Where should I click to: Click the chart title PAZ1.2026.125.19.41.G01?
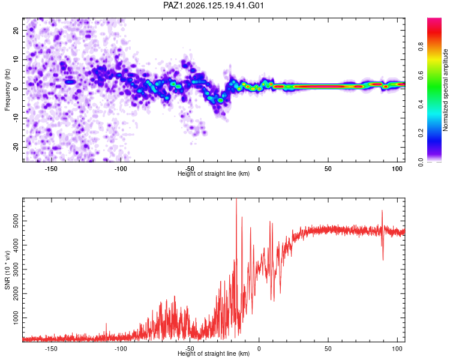(214, 5)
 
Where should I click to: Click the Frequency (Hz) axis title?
(7, 90)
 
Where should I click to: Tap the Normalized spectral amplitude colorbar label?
(445, 90)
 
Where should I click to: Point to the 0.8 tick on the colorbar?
(421, 47)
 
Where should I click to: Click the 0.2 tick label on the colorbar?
(421, 133)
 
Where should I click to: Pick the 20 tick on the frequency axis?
(16, 30)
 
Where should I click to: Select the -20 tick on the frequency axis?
(16, 147)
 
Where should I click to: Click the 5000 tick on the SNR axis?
(16, 221)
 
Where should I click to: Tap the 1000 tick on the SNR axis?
(16, 318)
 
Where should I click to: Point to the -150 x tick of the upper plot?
(51, 169)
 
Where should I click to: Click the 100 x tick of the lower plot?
(397, 349)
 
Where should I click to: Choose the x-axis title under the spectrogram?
(214, 173)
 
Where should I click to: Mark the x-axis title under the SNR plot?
(214, 353)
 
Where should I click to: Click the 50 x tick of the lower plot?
(328, 349)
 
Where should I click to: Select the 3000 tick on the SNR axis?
(16, 269)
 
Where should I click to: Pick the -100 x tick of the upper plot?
(121, 169)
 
